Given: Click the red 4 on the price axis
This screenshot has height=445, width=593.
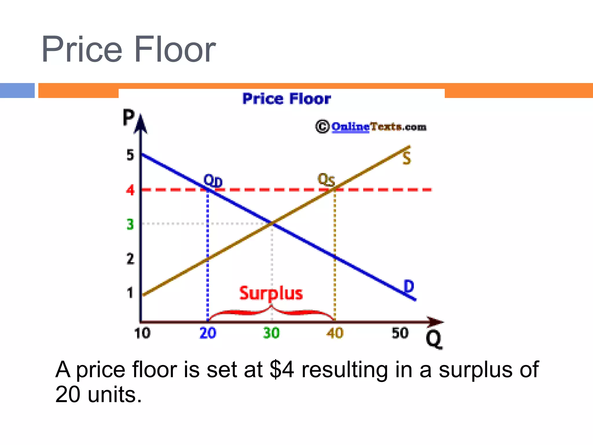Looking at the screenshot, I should coord(130,190).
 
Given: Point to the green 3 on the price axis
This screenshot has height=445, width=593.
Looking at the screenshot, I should coord(130,224).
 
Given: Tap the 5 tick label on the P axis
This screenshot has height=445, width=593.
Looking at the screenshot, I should coord(130,155).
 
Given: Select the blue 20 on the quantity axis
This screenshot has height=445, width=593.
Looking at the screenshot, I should coord(208,333).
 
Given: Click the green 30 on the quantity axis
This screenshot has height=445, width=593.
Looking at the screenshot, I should coord(271,333).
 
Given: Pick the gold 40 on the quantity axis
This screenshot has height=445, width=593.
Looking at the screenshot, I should coord(335,333).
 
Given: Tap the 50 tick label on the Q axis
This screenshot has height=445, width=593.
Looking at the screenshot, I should coord(400,333).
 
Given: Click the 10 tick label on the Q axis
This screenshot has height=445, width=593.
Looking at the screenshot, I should coord(142,333).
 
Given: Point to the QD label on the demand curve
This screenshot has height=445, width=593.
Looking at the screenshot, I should coord(213,181).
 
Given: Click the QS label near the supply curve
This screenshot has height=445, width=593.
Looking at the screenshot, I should coord(326,180).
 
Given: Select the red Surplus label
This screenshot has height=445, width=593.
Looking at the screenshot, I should coord(271,293).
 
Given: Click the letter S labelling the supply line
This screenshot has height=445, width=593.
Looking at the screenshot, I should coord(407,158).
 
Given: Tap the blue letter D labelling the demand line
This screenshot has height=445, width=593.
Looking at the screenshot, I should coord(409,287).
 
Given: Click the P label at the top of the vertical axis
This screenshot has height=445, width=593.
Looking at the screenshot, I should coord(129,117).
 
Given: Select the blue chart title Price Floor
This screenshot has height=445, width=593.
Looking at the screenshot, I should coord(287,99).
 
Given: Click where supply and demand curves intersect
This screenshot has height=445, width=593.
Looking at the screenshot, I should coord(272,223).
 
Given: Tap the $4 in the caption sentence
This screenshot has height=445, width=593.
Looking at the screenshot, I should coord(282,370).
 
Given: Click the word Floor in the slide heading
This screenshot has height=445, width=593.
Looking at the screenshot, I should coord(175,49).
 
